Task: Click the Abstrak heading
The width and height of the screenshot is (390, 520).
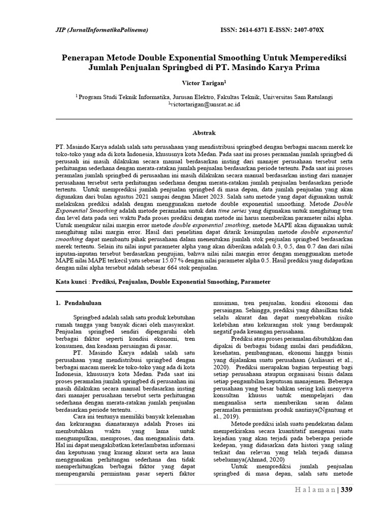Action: (x=194, y=132)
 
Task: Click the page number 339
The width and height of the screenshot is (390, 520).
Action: (x=347, y=490)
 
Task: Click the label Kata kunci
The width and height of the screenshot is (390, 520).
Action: (x=70, y=281)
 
